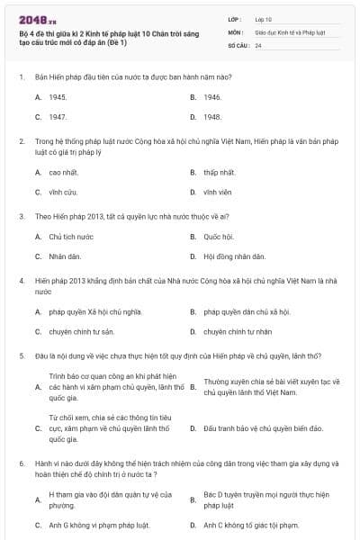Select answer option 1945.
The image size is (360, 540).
point(58,96)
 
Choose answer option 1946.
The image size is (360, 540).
point(212,96)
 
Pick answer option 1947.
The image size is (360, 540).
point(58,117)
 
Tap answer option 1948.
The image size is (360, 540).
point(212,117)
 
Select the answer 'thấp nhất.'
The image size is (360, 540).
point(220,172)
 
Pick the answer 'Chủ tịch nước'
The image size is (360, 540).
point(71,237)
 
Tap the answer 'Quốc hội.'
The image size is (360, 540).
point(219,237)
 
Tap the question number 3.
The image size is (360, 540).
point(22,216)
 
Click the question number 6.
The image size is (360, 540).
point(22,463)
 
